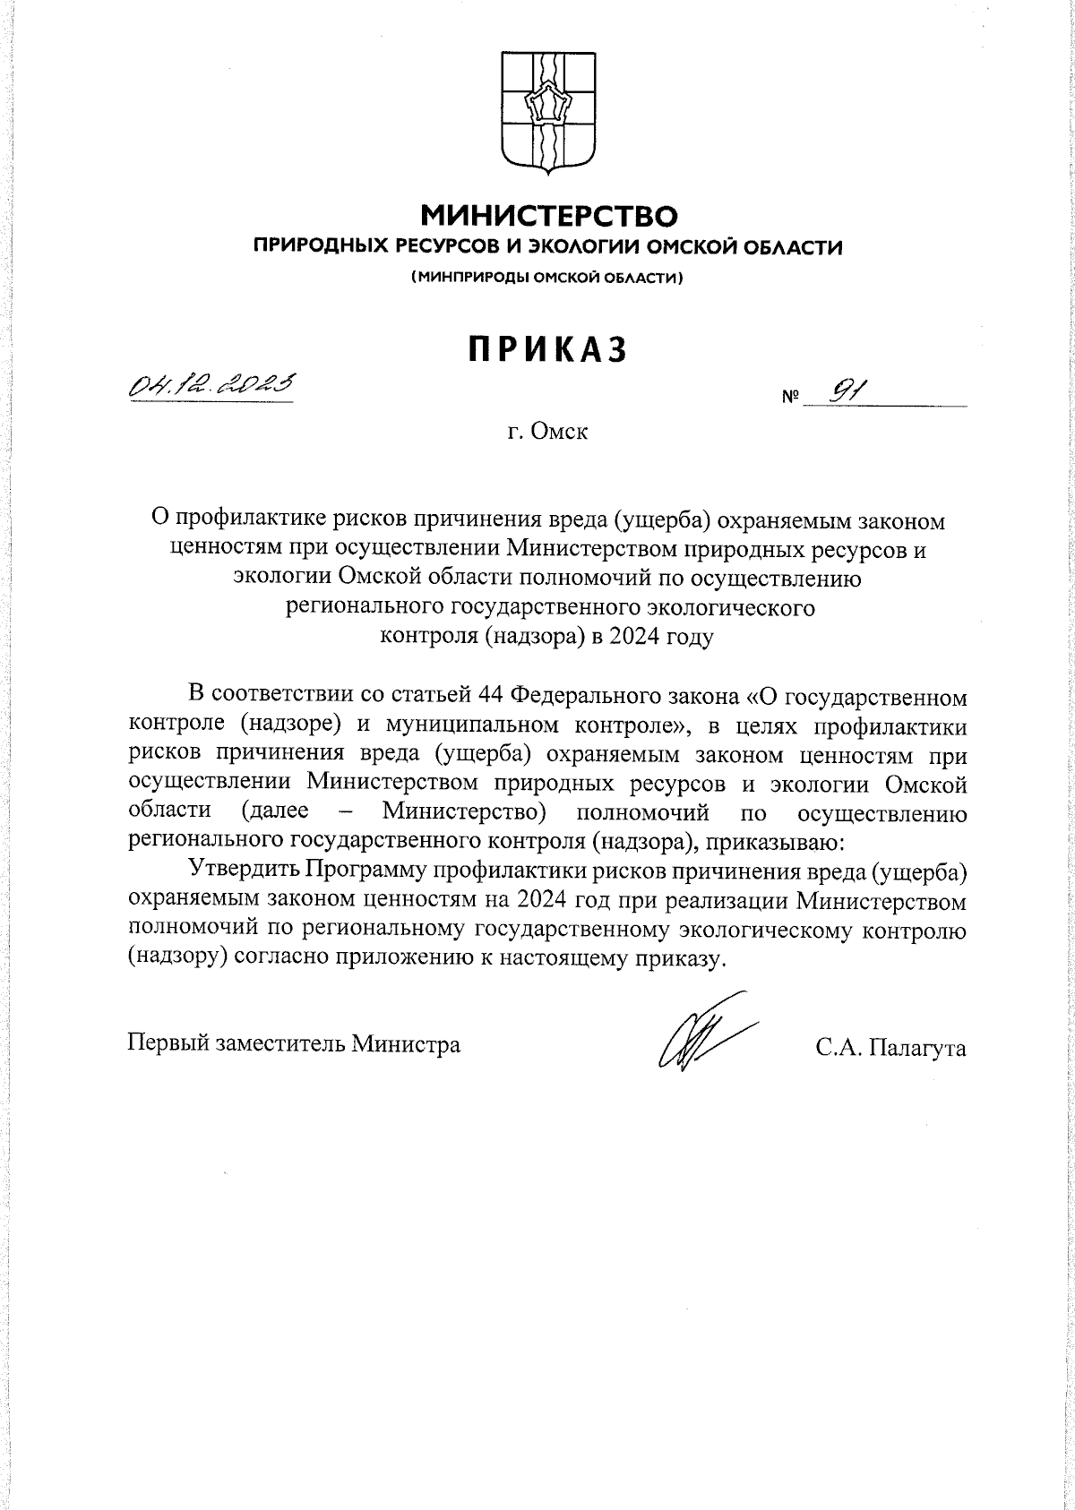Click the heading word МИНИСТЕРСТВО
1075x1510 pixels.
click(548, 216)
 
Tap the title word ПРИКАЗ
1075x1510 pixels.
click(546, 350)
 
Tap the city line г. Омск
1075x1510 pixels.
click(546, 433)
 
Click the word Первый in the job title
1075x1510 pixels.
click(167, 1043)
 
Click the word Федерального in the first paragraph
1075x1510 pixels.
click(588, 694)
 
